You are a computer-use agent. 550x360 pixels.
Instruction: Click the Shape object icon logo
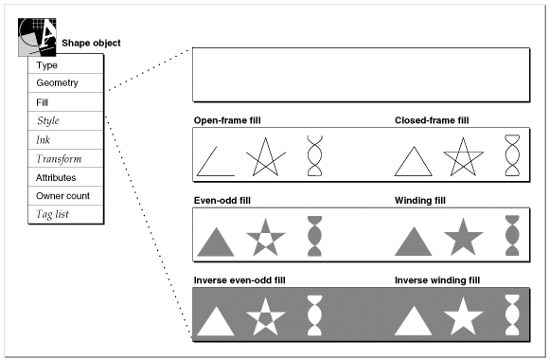[37, 37]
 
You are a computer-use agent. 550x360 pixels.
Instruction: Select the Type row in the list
[65, 64]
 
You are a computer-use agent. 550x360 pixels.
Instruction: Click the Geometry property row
[65, 83]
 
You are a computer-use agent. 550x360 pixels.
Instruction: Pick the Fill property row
[65, 102]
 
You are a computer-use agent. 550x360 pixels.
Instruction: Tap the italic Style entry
[65, 120]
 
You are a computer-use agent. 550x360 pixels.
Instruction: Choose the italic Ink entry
[65, 139]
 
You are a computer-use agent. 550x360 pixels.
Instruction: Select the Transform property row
[65, 158]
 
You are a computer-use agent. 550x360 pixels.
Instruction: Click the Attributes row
[65, 177]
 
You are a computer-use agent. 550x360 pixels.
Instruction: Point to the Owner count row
[65, 196]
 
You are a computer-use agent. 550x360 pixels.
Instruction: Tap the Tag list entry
[65, 214]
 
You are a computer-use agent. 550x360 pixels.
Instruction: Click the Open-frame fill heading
[227, 120]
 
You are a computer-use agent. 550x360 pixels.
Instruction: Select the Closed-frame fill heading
[432, 120]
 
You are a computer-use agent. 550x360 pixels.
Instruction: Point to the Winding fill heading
[420, 200]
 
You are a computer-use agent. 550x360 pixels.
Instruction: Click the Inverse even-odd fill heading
[240, 280]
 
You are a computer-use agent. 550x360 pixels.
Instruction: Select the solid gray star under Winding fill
[463, 239]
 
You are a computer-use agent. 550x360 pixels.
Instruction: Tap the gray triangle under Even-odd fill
[216, 243]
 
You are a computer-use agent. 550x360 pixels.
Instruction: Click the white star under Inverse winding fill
[463, 318]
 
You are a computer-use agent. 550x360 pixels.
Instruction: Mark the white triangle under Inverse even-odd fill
[216, 323]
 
